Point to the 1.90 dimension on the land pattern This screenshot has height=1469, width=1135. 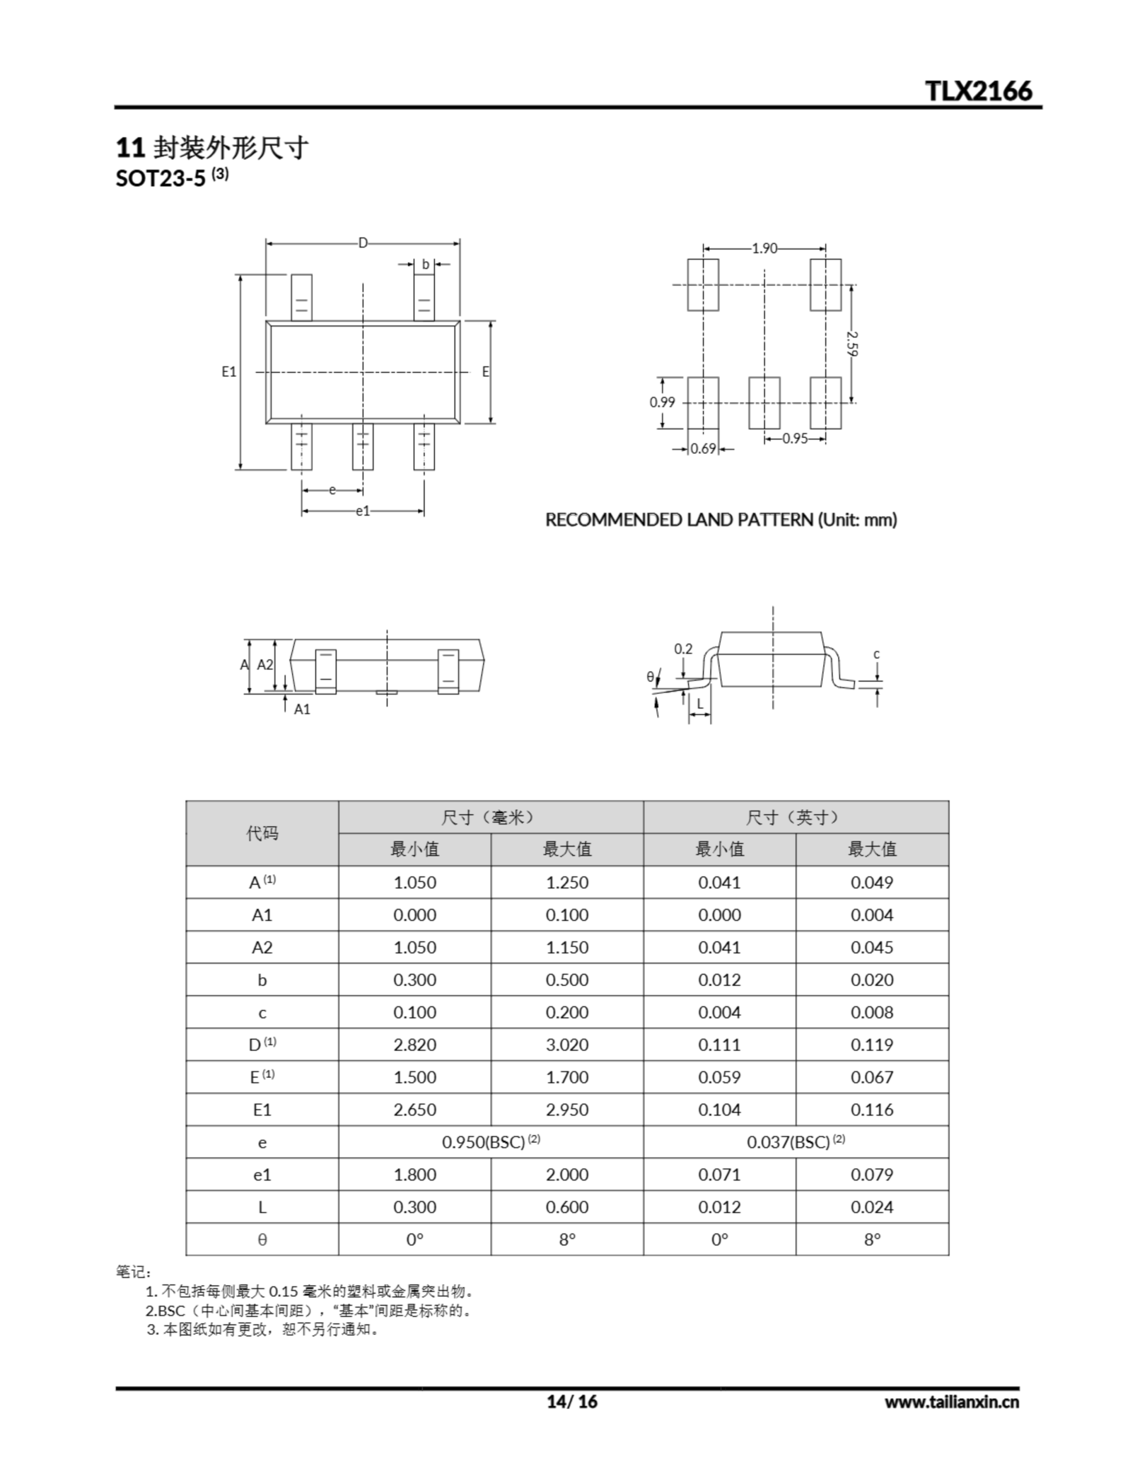(x=764, y=248)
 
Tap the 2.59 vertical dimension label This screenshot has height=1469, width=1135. (x=853, y=343)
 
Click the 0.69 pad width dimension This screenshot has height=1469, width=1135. (x=703, y=449)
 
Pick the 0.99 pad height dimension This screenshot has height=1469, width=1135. (x=662, y=402)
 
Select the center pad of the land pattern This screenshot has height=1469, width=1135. (x=764, y=403)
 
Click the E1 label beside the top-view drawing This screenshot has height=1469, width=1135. (x=229, y=371)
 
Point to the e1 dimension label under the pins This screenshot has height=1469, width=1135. (x=363, y=511)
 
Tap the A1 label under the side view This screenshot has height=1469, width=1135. (x=302, y=709)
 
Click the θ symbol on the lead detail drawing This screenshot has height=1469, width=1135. (x=650, y=677)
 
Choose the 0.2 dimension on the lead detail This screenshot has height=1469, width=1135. (x=683, y=648)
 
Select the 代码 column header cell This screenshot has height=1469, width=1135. (x=262, y=833)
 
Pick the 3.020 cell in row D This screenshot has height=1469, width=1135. (x=566, y=1044)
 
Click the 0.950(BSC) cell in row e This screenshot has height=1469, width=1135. (x=491, y=1142)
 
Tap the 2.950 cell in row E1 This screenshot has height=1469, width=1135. (x=566, y=1110)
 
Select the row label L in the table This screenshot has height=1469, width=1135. (x=262, y=1207)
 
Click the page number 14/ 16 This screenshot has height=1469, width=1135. (x=572, y=1401)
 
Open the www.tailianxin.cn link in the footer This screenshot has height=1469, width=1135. (x=951, y=1402)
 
